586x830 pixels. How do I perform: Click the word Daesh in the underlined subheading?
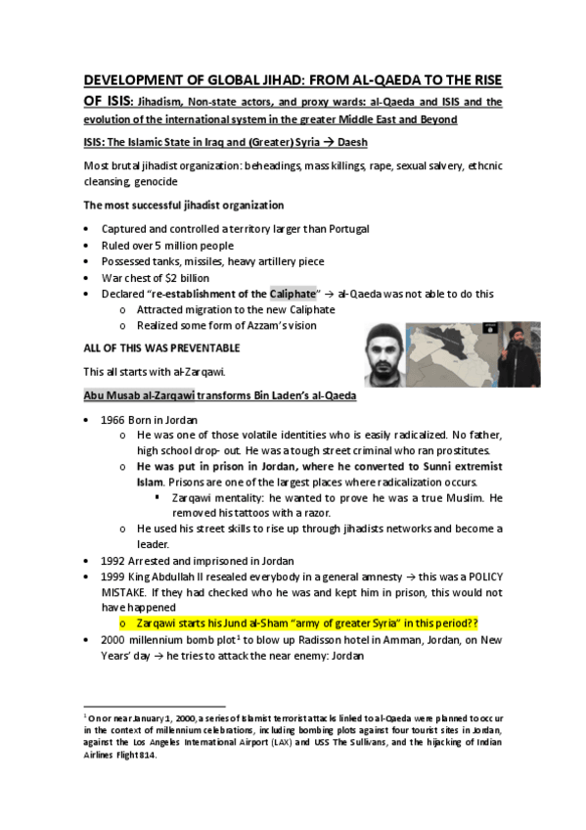tap(358, 143)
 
